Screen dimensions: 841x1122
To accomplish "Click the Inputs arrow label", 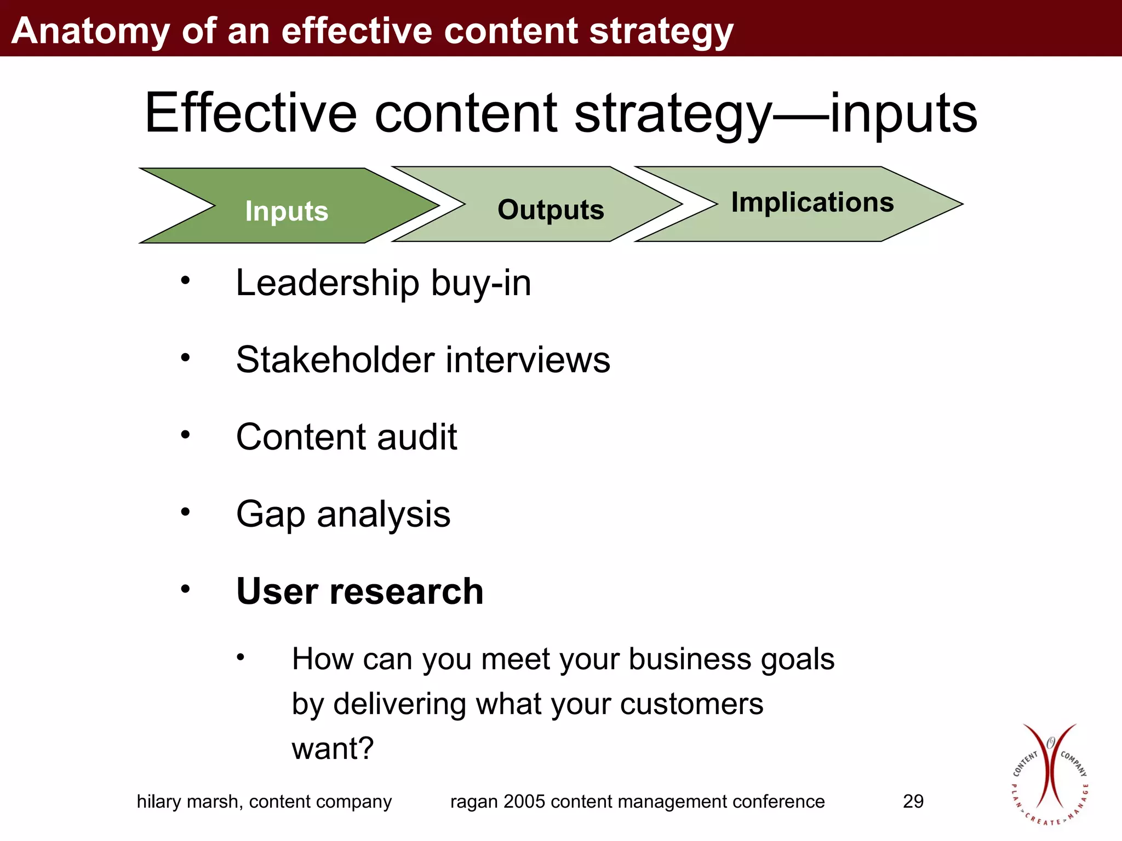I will tap(287, 211).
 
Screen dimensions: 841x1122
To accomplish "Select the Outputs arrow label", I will tap(551, 210).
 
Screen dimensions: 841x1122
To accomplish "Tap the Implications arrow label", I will tap(812, 202).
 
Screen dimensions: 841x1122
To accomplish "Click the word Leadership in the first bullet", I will tap(327, 283).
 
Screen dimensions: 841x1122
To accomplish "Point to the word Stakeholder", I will tap(335, 360).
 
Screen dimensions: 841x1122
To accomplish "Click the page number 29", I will tap(913, 802).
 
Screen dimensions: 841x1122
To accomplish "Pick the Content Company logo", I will tap(1049, 775).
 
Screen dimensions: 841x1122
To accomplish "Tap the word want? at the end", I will tap(333, 749).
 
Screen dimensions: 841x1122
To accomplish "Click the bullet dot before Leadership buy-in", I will tap(186, 280).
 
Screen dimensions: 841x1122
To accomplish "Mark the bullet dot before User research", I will tap(186, 589).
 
